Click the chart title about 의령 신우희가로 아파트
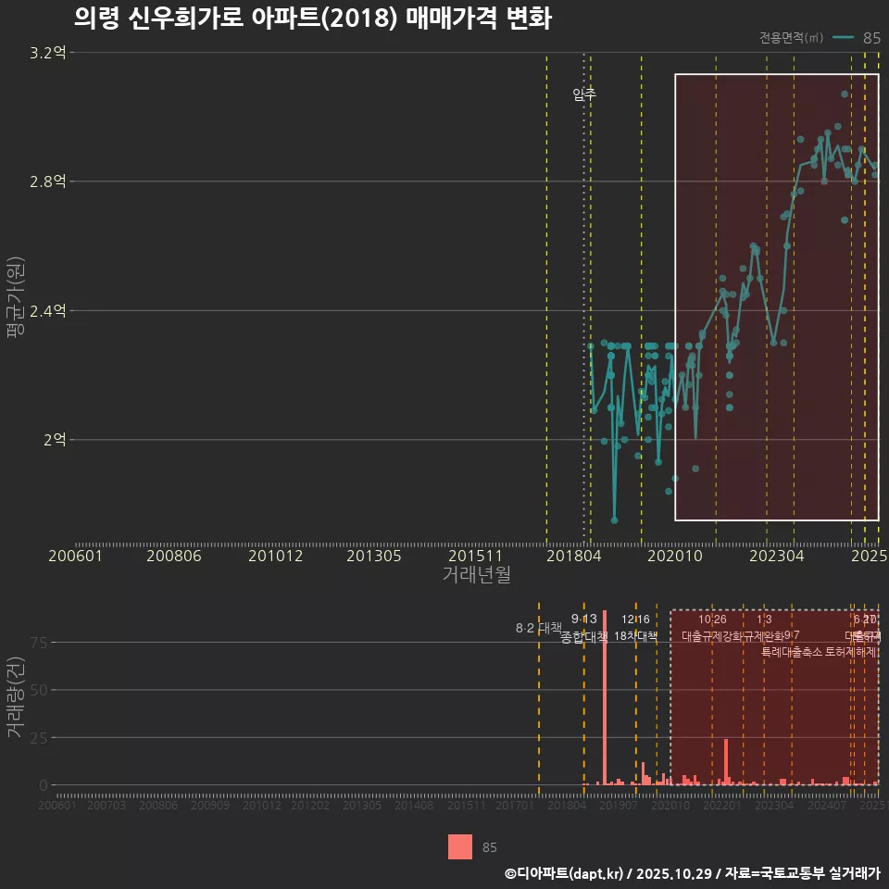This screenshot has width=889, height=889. point(312,18)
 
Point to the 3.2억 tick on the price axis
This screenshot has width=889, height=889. point(47,53)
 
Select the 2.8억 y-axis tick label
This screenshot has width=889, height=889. point(47,182)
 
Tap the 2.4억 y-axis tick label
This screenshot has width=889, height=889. point(47,310)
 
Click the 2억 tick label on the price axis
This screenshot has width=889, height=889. point(54,439)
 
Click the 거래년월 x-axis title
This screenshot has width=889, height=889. point(476,574)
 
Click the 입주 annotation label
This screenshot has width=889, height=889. point(584,94)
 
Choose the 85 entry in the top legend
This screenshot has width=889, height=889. point(871,38)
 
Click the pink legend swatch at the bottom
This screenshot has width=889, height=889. point(460,846)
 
